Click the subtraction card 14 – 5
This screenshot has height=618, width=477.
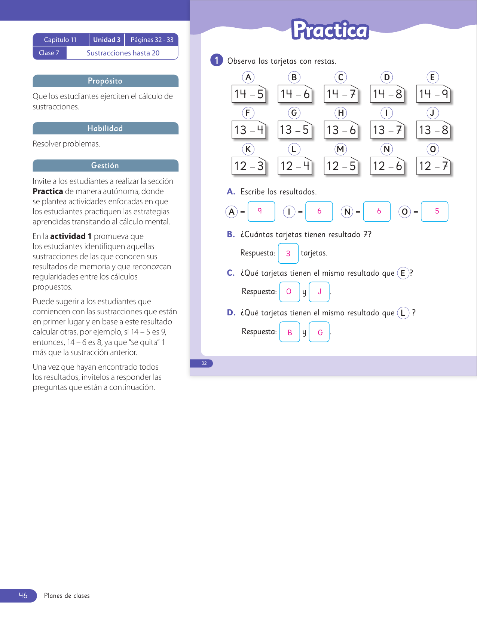249,94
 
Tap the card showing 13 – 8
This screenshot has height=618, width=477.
433,130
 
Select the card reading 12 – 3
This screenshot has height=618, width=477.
249,166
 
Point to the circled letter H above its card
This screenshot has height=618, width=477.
340,113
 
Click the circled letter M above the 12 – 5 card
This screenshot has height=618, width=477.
340,149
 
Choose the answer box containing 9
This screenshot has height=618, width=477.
261,211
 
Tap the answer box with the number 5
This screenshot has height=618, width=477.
434,211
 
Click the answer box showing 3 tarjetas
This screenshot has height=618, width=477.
288,253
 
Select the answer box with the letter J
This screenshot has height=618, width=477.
319,292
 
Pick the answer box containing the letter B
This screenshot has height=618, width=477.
290,332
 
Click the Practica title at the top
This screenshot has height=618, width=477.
330,30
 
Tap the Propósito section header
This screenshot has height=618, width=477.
106,81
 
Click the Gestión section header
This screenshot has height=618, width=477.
106,166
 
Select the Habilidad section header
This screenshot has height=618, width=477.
106,128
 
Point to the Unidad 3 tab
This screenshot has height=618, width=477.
107,40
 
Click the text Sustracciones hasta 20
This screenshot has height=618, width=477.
123,53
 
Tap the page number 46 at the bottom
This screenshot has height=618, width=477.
23,596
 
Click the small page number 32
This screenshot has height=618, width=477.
204,363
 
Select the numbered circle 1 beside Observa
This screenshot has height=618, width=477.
217,60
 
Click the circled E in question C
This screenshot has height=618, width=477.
403,273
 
